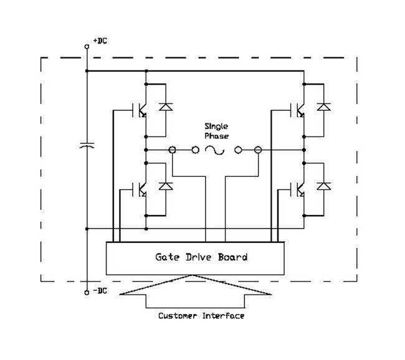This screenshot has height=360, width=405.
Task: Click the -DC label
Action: point(99,291)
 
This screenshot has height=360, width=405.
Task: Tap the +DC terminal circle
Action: point(87,46)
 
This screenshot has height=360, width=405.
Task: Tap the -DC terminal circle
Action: point(87,291)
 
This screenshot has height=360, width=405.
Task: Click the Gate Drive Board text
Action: point(201,257)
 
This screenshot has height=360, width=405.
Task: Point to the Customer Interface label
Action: point(201,316)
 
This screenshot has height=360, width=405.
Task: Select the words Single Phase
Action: point(216,131)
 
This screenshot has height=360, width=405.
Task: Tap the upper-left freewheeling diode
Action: point(165,107)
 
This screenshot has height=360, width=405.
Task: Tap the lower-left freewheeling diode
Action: point(165,186)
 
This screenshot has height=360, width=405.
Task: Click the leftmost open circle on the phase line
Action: point(173,149)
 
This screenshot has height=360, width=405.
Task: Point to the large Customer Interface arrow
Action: point(198,293)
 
